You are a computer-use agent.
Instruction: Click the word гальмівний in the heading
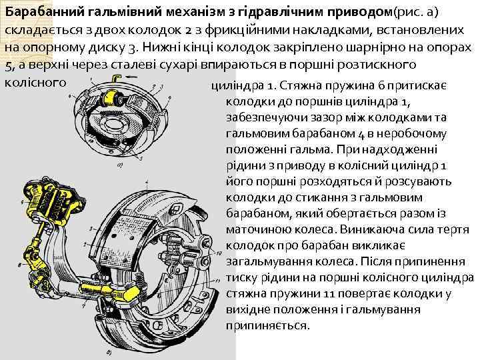click(111, 13)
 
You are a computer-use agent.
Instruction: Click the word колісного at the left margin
click(35, 82)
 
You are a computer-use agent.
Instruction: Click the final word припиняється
click(268, 326)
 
